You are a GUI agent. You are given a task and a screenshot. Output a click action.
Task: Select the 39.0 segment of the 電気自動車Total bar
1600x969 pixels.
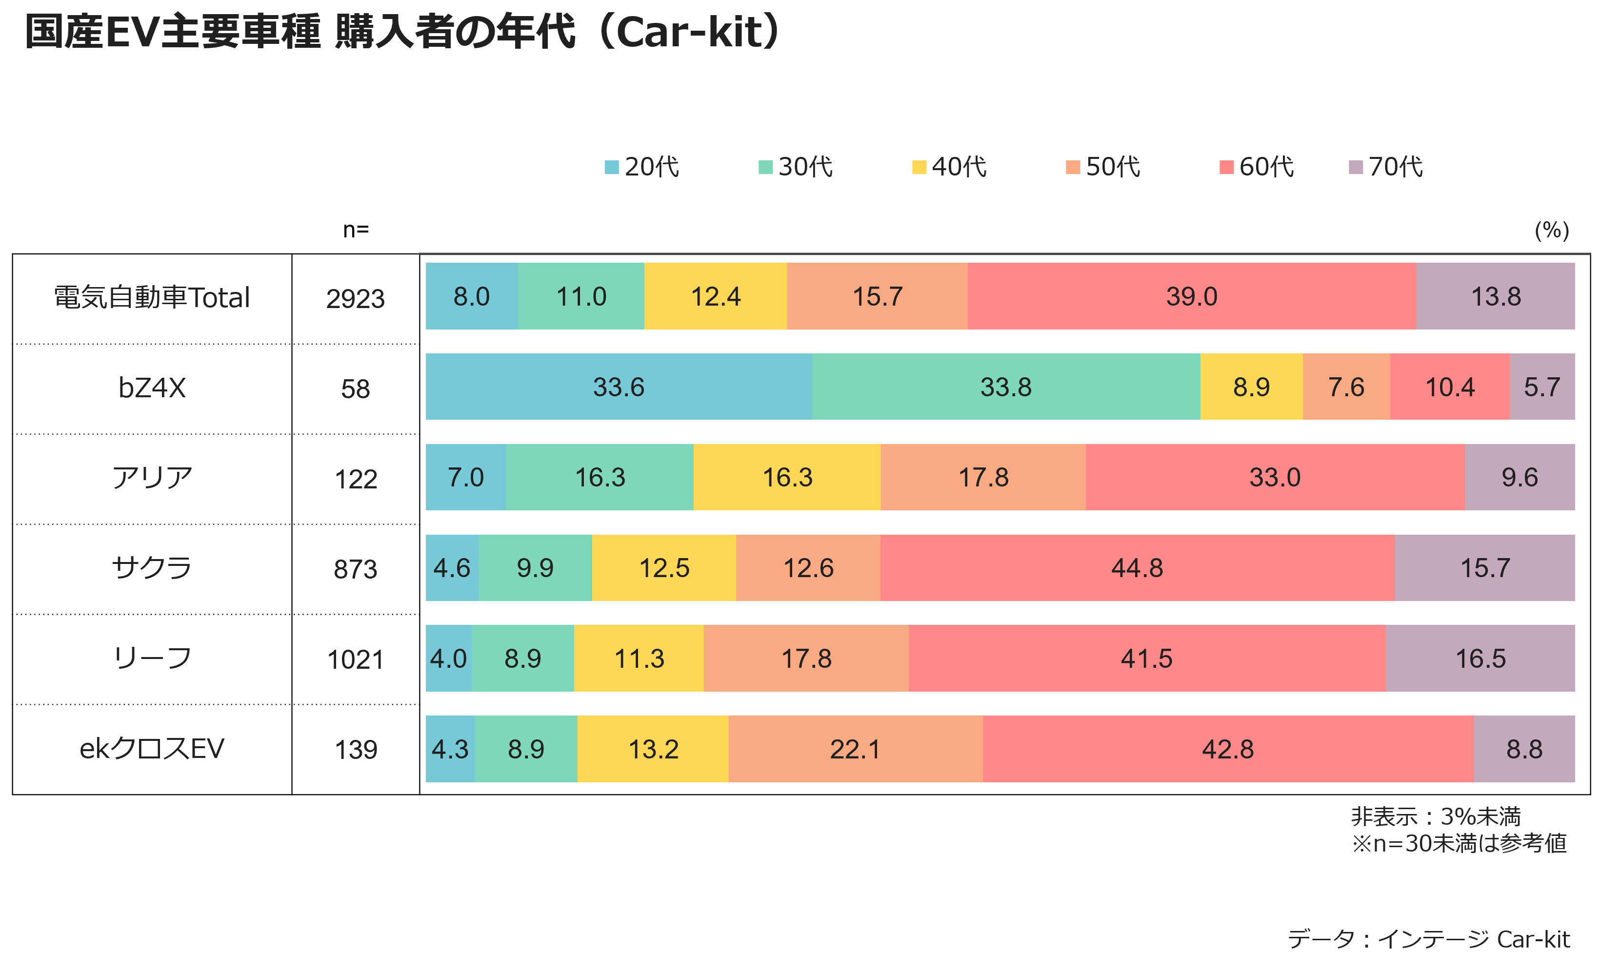1192,296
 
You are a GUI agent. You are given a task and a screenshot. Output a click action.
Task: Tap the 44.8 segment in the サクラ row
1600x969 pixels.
1137,567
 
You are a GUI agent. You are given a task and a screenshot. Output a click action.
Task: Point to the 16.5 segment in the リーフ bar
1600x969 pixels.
1480,658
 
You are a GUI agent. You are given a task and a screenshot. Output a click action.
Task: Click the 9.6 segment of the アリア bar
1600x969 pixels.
1520,477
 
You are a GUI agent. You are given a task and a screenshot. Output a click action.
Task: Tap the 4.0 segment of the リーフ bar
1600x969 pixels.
449,658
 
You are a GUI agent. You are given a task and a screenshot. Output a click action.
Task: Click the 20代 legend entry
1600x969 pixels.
641,167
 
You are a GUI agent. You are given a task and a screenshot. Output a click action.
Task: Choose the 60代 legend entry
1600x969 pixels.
1257,167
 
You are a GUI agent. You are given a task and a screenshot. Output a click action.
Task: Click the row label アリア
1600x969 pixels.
152,478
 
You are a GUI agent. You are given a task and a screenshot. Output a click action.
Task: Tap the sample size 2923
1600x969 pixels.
355,299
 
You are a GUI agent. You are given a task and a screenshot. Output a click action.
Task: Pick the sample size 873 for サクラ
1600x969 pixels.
355,569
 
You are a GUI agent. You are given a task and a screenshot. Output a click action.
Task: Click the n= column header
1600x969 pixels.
356,230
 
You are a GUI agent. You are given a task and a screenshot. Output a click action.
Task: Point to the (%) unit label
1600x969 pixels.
1552,230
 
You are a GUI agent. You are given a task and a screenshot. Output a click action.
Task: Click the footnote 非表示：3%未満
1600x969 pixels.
1436,816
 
